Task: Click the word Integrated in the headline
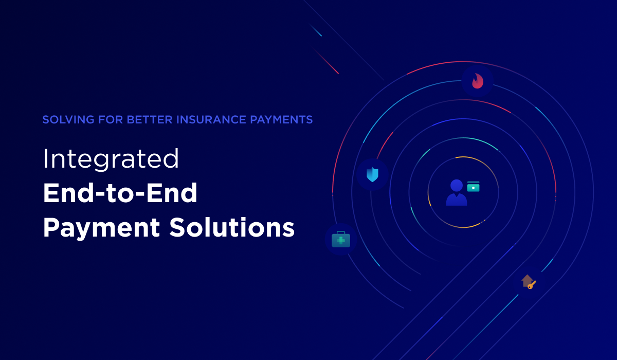point(111,159)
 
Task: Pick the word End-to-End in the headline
point(120,194)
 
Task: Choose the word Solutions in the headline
point(232,228)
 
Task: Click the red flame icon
point(478,81)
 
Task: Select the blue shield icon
point(372,174)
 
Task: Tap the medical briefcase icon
point(340,239)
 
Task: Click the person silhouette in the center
point(456,193)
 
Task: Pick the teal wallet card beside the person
point(473,186)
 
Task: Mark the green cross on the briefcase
point(340,240)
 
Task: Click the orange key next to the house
point(532,284)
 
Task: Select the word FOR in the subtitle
point(110,120)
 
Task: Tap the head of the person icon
point(456,185)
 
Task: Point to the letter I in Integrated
point(45,159)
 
